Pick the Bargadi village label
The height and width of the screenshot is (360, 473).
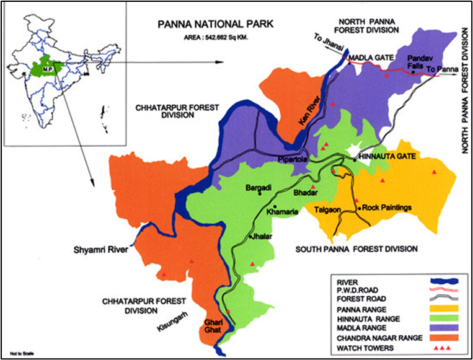click(x=259, y=187)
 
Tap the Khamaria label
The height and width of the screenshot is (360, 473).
click(x=282, y=212)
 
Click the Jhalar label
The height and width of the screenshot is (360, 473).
click(x=262, y=237)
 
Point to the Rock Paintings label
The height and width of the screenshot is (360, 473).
click(x=386, y=208)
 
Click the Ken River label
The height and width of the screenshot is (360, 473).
click(x=304, y=115)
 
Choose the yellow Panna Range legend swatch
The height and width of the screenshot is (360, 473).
click(x=443, y=308)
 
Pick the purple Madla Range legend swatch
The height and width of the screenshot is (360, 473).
click(x=443, y=328)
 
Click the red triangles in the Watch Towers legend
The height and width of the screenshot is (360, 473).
click(x=443, y=348)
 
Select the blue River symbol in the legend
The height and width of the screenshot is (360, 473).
click(x=443, y=278)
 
